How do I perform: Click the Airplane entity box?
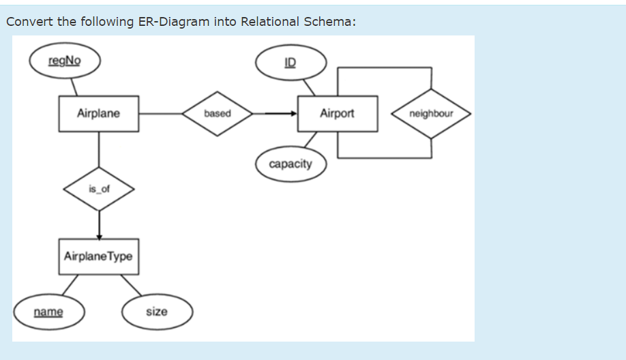click(x=99, y=113)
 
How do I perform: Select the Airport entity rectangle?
click(x=337, y=113)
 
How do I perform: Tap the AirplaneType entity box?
click(x=99, y=256)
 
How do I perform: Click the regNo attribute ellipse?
click(x=65, y=60)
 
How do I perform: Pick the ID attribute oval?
click(x=290, y=63)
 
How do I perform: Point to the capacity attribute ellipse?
click(x=290, y=164)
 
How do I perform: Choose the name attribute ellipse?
click(x=48, y=312)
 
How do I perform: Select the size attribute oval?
click(x=157, y=312)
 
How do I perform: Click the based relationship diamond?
click(x=218, y=113)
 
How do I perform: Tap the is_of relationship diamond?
click(x=99, y=189)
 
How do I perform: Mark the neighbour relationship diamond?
click(x=431, y=113)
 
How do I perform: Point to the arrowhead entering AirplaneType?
click(x=99, y=235)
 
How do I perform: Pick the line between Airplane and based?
click(x=160, y=113)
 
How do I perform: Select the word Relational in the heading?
click(x=269, y=21)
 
